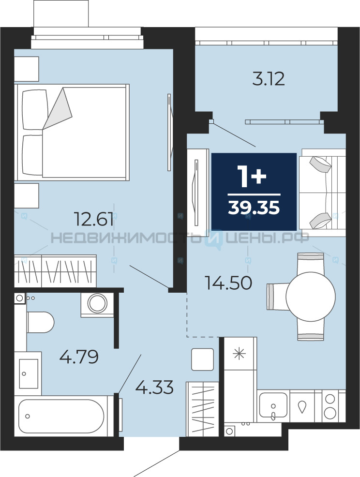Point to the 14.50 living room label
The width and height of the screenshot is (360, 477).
(228, 283)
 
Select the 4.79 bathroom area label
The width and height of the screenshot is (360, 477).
(79, 357)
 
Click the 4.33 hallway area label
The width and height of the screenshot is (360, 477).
(154, 388)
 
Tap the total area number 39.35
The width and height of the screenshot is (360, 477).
(254, 209)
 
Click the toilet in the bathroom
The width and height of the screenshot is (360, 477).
(40, 322)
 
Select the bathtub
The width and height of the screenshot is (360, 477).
(61, 416)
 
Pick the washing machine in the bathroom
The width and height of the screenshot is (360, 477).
(97, 305)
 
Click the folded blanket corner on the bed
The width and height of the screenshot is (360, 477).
(58, 108)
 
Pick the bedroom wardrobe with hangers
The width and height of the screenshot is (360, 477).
(55, 271)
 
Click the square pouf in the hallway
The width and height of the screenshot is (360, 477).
(202, 359)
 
